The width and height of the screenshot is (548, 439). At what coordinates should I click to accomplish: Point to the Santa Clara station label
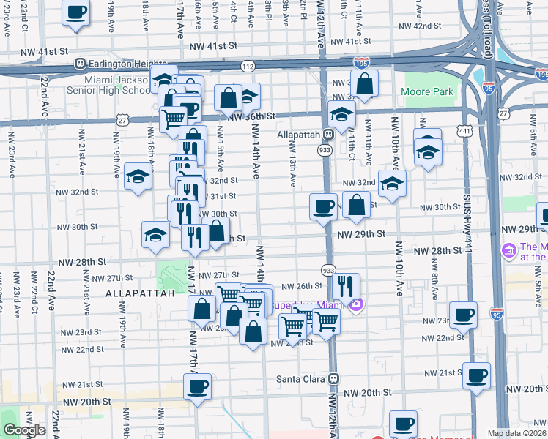300,379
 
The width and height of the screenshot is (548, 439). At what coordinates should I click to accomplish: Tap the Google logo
24,430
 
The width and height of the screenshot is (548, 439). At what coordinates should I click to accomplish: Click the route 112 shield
247,67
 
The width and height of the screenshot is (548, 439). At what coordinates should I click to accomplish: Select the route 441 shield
464,130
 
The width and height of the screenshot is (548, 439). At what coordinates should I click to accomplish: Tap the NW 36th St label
251,116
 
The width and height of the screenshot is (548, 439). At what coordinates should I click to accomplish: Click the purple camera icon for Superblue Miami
356,304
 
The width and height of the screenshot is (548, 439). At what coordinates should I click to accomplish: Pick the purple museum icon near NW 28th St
508,251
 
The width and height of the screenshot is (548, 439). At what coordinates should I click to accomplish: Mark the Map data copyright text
517,433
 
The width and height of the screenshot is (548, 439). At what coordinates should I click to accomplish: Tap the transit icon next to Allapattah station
329,135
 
